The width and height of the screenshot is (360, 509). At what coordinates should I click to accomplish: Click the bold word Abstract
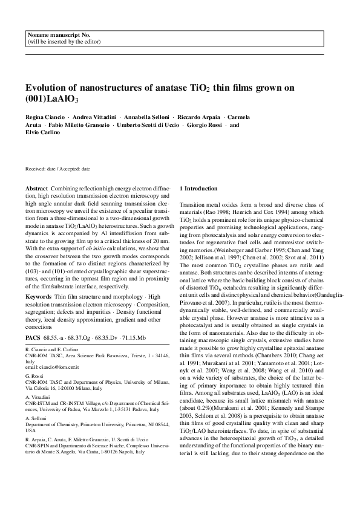(38, 189)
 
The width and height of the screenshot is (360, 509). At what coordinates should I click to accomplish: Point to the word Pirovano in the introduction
(195, 299)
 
